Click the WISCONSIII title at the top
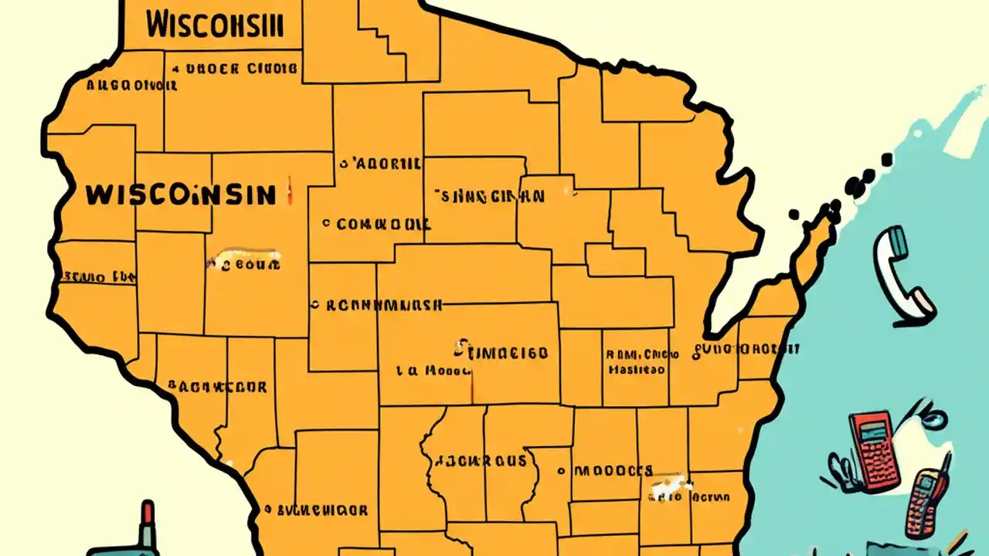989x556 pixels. (214, 25)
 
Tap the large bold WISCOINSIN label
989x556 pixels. (180, 195)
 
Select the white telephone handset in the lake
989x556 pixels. (902, 275)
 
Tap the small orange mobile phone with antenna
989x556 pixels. (927, 502)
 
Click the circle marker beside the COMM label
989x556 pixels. (327, 224)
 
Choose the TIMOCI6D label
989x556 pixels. (507, 353)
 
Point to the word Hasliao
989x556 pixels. (636, 370)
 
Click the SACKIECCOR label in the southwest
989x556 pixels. (217, 386)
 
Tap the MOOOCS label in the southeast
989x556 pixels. (614, 470)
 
